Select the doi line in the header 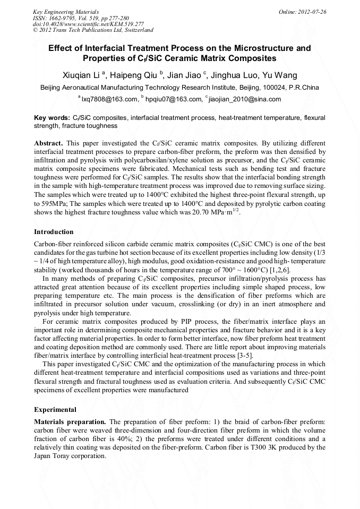88,24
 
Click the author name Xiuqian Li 81,75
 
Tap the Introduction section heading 54,232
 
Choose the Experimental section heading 56,410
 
